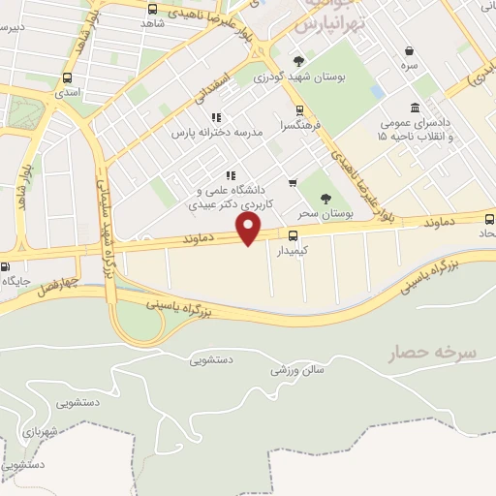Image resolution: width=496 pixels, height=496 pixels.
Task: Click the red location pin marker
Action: click(x=250, y=228)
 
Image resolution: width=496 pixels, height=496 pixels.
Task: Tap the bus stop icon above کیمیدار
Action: click(x=292, y=234)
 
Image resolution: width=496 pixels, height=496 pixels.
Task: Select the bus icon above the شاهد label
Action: click(x=151, y=10)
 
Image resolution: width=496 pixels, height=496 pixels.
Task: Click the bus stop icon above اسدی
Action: click(x=67, y=79)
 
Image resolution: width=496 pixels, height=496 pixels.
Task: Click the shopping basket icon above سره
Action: click(x=410, y=50)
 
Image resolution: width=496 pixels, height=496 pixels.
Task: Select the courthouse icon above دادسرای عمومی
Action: click(x=416, y=108)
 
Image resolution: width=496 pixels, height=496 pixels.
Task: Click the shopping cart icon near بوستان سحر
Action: click(x=292, y=182)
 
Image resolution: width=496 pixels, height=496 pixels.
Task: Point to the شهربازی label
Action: click(x=40, y=427)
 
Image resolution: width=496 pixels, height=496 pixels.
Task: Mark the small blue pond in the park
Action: click(x=377, y=92)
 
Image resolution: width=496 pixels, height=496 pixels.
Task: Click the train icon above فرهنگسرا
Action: click(x=299, y=109)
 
